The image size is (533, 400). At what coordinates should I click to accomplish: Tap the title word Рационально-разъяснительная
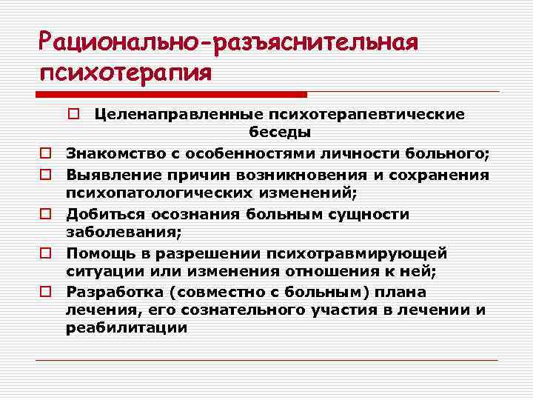(x=229, y=41)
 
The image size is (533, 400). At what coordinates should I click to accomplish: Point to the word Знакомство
(x=110, y=153)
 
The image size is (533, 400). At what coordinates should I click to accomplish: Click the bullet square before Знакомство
(x=45, y=153)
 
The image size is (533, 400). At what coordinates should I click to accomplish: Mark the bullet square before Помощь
(x=45, y=253)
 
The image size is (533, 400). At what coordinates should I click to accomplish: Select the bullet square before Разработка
(x=45, y=292)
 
